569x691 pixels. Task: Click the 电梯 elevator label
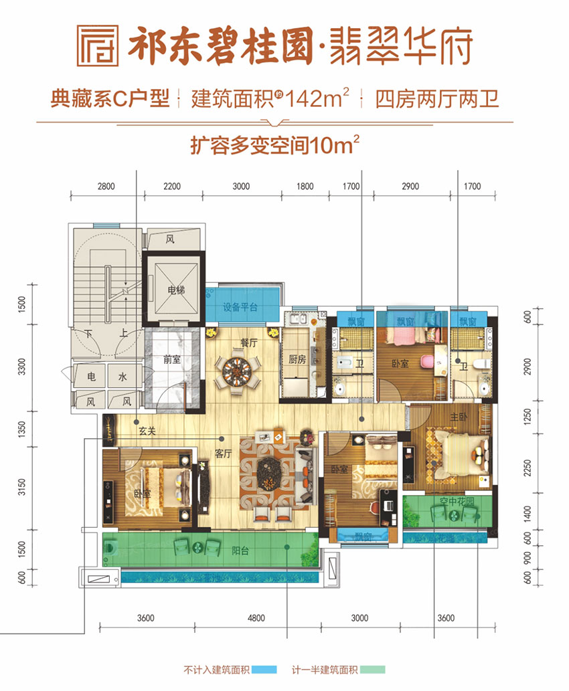point(175,290)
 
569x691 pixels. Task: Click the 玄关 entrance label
point(147,431)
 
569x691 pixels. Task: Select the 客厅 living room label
point(223,453)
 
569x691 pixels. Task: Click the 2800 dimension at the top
point(106,187)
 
